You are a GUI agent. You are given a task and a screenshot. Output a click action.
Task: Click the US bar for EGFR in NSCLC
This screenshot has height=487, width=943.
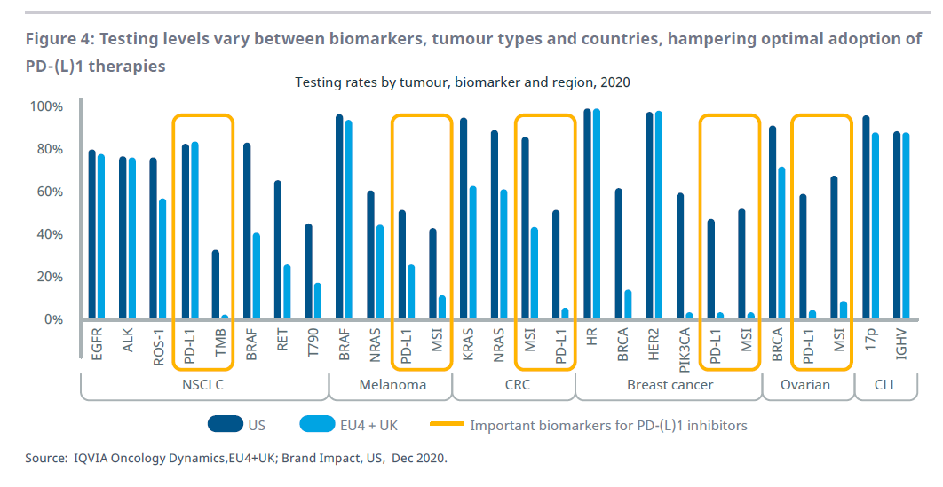pyautogui.click(x=92, y=234)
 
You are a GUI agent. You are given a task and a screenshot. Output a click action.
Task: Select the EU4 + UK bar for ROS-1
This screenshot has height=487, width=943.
pyautogui.click(x=162, y=258)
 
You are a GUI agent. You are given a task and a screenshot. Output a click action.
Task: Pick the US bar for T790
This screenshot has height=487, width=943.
pyautogui.click(x=308, y=271)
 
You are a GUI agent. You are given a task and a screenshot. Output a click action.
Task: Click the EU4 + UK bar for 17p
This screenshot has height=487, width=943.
pyautogui.click(x=875, y=225)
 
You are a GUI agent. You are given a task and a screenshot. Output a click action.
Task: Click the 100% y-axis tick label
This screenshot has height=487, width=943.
pyautogui.click(x=46, y=106)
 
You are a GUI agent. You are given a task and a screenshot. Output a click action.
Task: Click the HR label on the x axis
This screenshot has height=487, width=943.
pyautogui.click(x=591, y=336)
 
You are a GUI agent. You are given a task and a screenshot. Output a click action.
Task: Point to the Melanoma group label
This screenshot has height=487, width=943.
pyautogui.click(x=392, y=385)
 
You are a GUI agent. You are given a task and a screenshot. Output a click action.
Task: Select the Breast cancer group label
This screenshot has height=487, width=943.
pyautogui.click(x=670, y=385)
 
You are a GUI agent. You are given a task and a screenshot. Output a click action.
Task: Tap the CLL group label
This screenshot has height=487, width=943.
pyautogui.click(x=885, y=385)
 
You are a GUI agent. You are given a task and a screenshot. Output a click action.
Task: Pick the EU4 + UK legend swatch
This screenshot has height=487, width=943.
pyautogui.click(x=319, y=425)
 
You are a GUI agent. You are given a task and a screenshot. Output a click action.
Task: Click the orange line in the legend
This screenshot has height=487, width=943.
pyautogui.click(x=446, y=425)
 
